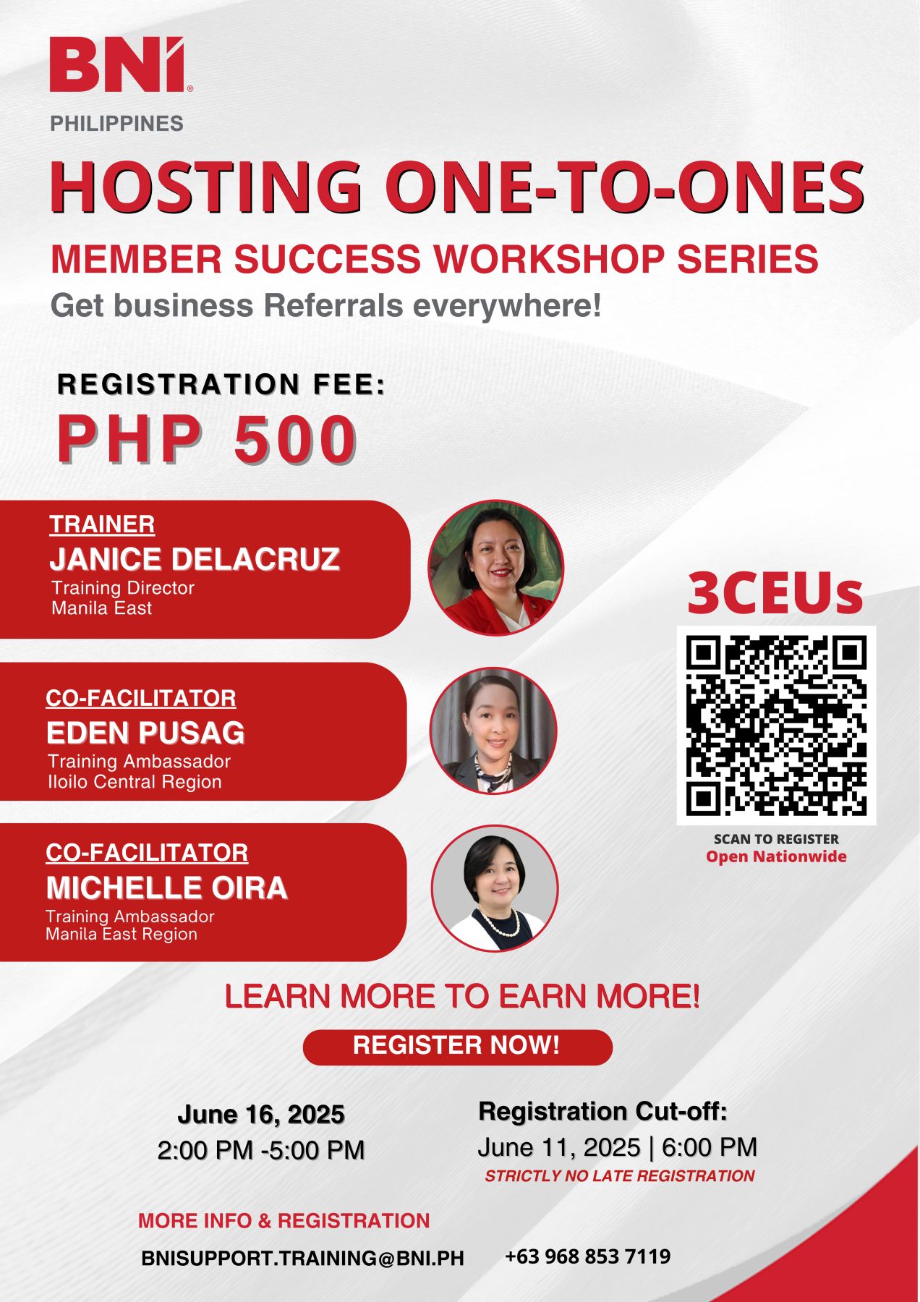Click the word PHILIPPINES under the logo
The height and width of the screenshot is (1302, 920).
(116, 124)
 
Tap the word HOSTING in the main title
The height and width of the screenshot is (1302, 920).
(206, 187)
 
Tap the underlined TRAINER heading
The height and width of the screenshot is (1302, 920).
(102, 524)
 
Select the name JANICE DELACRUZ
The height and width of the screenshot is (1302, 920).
(195, 559)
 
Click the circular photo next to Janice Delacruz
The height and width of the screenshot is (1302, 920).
(495, 568)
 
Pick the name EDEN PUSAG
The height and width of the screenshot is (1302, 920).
(145, 733)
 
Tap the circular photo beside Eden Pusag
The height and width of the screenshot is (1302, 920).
(493, 731)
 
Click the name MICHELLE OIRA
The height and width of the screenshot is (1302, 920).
(167, 888)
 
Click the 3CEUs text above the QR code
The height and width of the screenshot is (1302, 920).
(775, 593)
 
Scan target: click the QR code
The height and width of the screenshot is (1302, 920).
(776, 726)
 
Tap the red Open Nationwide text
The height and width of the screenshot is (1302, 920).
(776, 856)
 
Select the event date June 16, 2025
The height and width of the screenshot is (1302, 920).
(261, 1114)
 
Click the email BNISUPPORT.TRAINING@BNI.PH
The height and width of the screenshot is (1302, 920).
(302, 1258)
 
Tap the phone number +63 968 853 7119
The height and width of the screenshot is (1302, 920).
(587, 1256)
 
